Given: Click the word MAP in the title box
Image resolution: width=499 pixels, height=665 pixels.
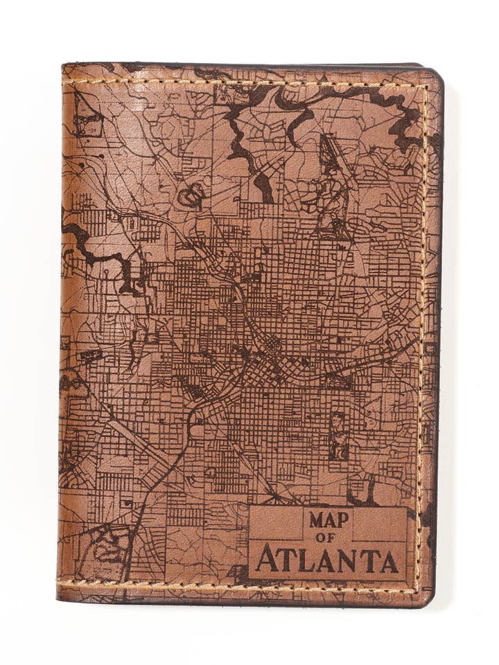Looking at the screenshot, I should pyautogui.click(x=329, y=520).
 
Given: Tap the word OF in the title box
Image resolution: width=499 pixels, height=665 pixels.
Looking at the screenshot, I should pyautogui.click(x=329, y=538).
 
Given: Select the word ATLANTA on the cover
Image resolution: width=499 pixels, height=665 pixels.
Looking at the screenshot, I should pyautogui.click(x=328, y=560).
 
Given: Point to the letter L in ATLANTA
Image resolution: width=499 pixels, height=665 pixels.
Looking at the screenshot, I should pyautogui.click(x=309, y=560).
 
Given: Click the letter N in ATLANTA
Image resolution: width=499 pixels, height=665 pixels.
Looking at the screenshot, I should pyautogui.click(x=351, y=560).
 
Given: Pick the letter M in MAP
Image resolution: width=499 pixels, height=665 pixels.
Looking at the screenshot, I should pyautogui.click(x=316, y=520).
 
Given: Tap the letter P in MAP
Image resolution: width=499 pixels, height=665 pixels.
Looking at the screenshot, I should pyautogui.click(x=344, y=520).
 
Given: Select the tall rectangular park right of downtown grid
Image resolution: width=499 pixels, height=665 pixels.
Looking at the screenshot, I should pyautogui.click(x=338, y=436).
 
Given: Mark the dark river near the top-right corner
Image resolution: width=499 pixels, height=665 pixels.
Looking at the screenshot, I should pyautogui.click(x=388, y=111).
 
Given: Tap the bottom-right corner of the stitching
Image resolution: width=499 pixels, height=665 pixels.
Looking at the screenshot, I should pyautogui.click(x=418, y=589).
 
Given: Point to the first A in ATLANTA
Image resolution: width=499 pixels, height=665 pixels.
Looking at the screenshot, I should pyautogui.click(x=265, y=559).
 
